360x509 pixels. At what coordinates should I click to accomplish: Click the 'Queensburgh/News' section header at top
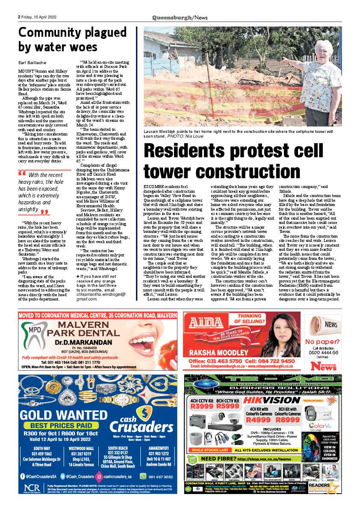(180, 17)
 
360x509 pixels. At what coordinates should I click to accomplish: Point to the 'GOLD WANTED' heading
(59, 415)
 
